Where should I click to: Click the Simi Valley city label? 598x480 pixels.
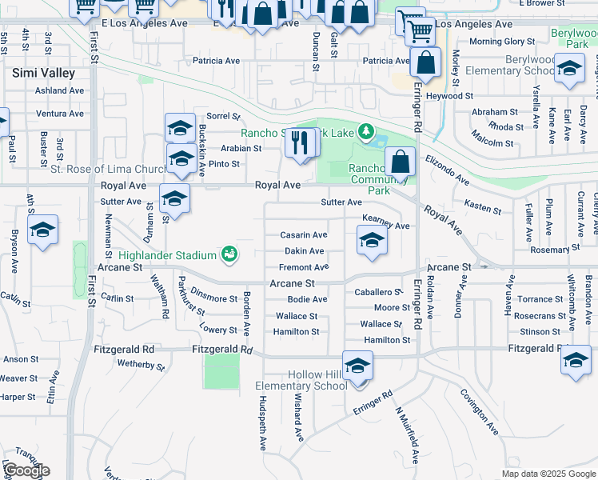pyautogui.click(x=43, y=73)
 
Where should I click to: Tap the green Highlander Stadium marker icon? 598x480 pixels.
pyautogui.click(x=229, y=254)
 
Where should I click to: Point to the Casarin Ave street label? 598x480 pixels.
pyautogui.click(x=303, y=235)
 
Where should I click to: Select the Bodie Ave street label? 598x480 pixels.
pyautogui.click(x=307, y=300)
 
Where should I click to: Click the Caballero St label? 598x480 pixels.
pyautogui.click(x=378, y=293)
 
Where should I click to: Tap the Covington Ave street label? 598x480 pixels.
pyautogui.click(x=479, y=412)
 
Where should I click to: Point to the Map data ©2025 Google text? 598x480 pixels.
pyautogui.click(x=548, y=474)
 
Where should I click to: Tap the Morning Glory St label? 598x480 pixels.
pyautogui.click(x=501, y=42)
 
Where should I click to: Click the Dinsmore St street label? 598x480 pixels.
pyautogui.click(x=213, y=298)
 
